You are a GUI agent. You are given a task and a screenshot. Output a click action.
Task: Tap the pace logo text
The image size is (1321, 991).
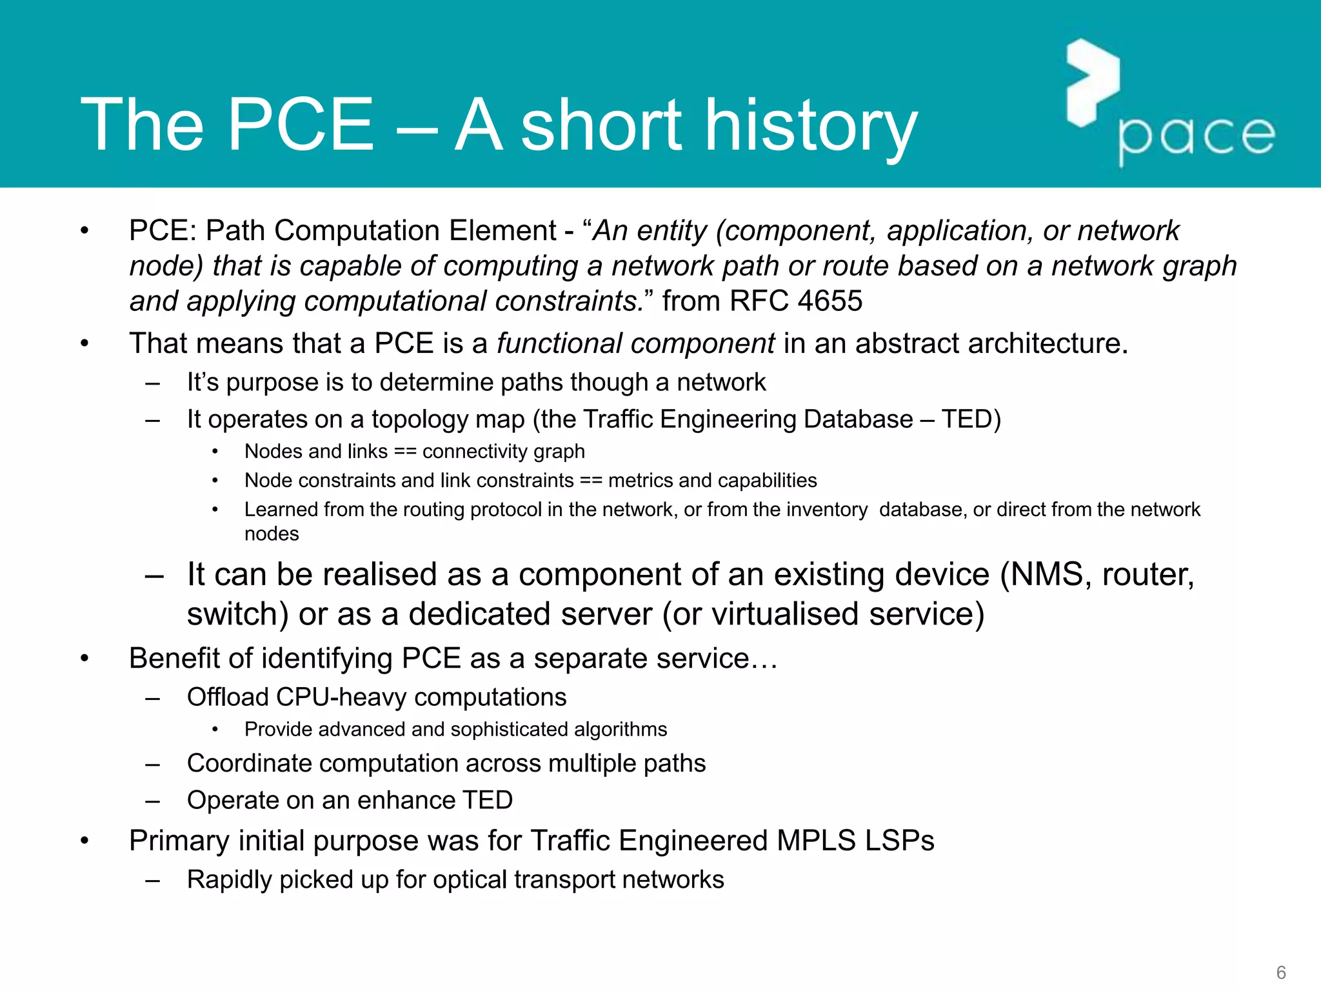(1197, 137)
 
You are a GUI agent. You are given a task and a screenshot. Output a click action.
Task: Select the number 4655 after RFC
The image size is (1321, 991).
(829, 301)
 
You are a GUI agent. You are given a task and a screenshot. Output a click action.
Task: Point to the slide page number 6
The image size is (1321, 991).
(1281, 972)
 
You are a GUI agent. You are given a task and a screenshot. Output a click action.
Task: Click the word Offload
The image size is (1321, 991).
(228, 697)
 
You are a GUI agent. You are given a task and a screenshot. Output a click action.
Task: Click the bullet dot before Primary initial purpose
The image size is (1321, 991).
(84, 841)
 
